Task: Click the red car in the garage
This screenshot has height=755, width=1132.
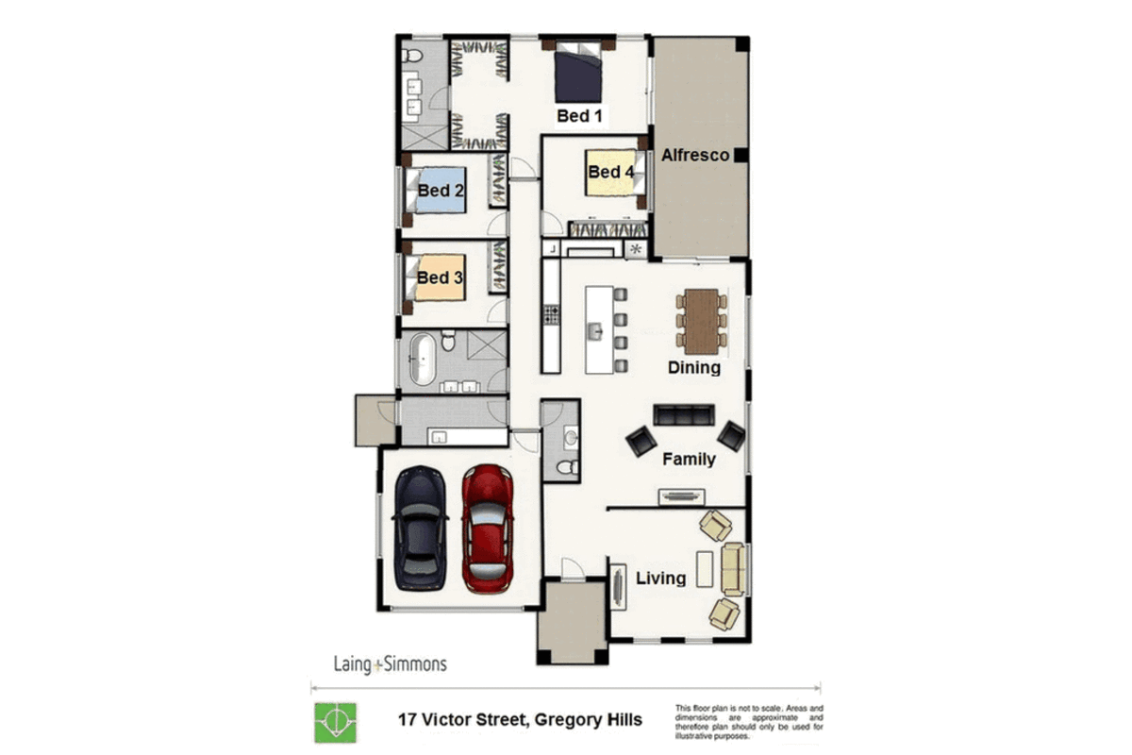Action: click(488, 528)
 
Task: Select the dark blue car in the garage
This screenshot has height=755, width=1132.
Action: click(420, 528)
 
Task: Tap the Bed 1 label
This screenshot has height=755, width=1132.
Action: click(579, 116)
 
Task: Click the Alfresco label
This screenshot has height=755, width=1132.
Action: click(695, 156)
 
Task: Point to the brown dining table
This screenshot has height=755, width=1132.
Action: click(702, 322)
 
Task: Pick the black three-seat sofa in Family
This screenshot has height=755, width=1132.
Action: click(684, 414)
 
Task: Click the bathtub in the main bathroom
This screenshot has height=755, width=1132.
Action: click(422, 359)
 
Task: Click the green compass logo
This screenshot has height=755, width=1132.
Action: click(336, 723)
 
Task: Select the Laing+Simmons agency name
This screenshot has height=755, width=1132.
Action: click(391, 664)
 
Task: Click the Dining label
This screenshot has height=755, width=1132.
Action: click(694, 368)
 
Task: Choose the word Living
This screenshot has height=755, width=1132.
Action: click(660, 578)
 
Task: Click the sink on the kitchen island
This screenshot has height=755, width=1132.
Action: click(595, 332)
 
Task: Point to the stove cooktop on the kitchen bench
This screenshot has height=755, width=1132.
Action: click(551, 314)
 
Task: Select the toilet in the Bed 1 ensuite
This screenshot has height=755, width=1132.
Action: click(412, 56)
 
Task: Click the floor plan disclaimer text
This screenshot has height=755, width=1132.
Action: click(749, 722)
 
